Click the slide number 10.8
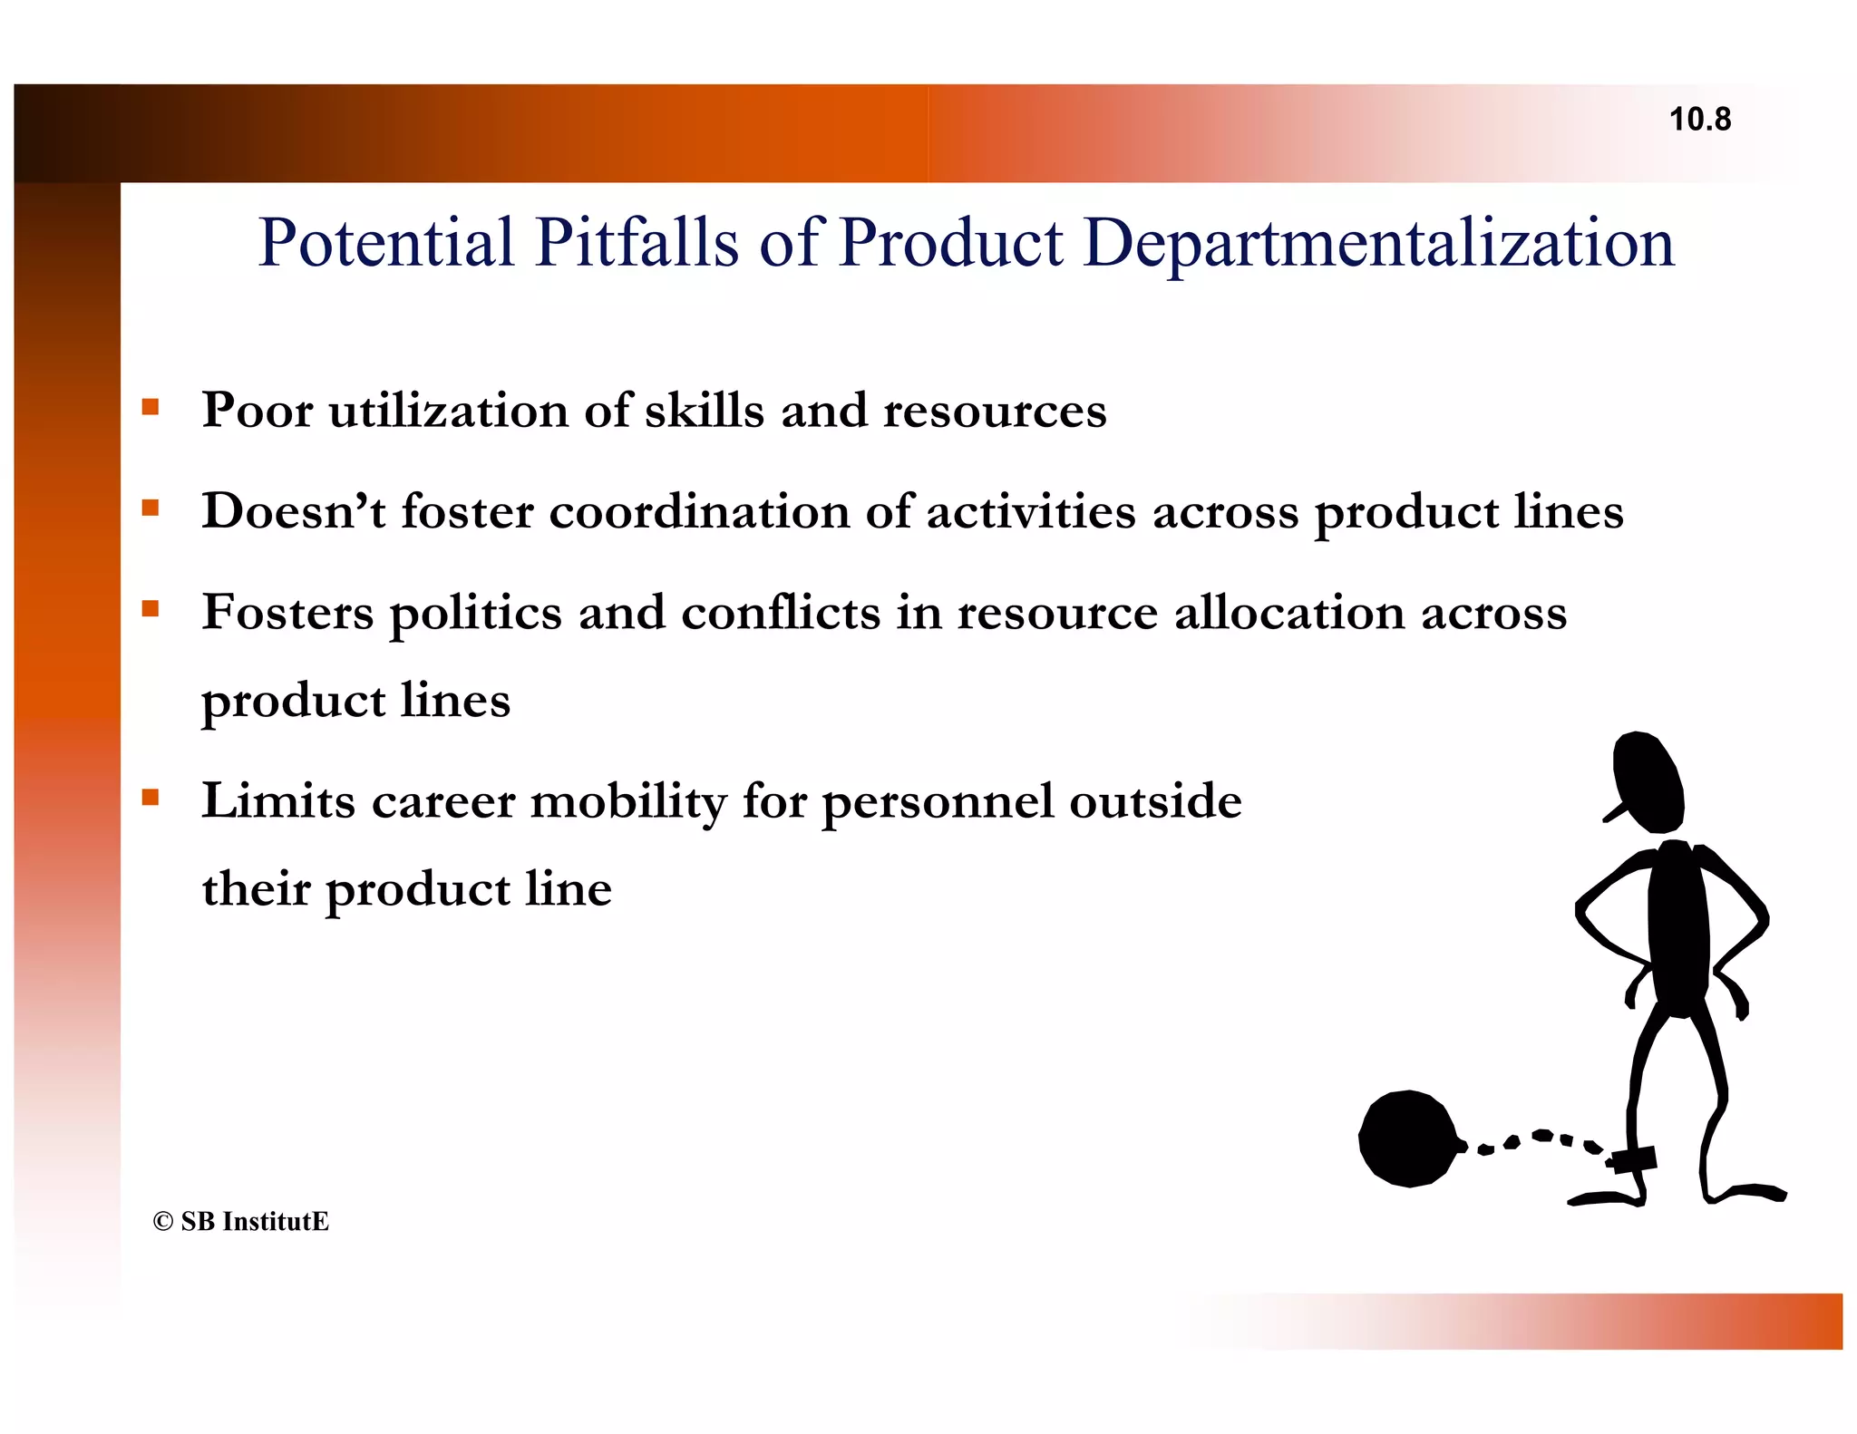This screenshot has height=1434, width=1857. point(1699,120)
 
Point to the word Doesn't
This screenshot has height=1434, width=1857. point(293,510)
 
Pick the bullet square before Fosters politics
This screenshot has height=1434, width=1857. point(151,607)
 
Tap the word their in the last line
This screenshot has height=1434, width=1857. point(256,888)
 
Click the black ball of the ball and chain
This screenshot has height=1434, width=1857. point(1407,1138)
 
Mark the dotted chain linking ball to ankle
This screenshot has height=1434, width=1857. point(1532,1140)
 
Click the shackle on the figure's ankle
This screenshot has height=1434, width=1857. point(1633,1159)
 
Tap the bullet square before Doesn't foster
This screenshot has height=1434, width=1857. point(151,507)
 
